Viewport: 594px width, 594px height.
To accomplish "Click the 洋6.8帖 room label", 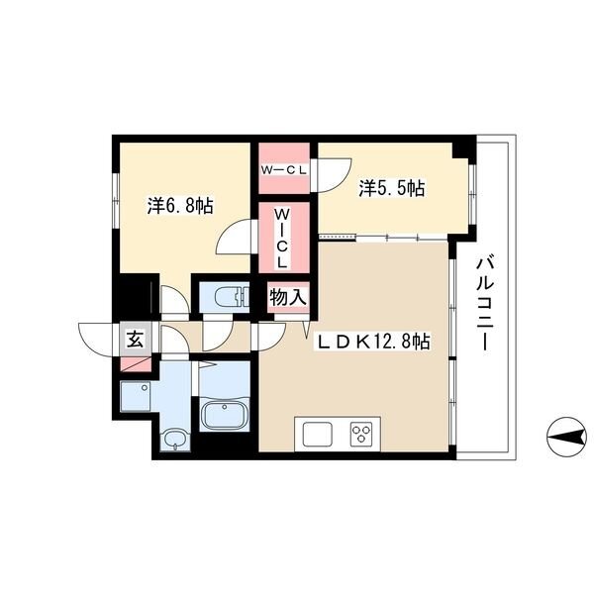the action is pos(180,207).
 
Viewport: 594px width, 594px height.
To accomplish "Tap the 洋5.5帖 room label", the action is pos(392,188).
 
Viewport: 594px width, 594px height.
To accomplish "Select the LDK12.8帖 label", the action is pos(373,342).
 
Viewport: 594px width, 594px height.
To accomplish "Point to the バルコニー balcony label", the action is pos(483,304).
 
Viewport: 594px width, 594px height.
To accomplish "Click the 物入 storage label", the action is pos(288,297).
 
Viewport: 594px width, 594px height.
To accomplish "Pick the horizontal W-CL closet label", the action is pos(283,171).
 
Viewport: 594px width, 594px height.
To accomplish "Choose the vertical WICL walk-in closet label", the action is pos(282,239).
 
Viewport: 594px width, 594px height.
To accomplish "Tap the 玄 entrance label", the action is pos(136,339).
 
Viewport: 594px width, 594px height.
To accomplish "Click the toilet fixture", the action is pos(232,297).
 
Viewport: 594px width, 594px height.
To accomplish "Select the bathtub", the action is pos(225,414).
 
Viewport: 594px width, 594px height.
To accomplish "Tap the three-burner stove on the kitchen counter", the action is pos(361,434).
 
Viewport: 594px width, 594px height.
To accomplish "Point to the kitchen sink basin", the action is pos(318,435).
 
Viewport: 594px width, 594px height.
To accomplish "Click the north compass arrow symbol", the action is pos(566,438).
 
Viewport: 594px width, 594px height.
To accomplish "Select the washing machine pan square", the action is pos(136,396).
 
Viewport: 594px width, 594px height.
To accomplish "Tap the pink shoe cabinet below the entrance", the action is pos(136,364).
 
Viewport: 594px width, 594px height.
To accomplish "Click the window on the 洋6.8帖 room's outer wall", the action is pos(116,201).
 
